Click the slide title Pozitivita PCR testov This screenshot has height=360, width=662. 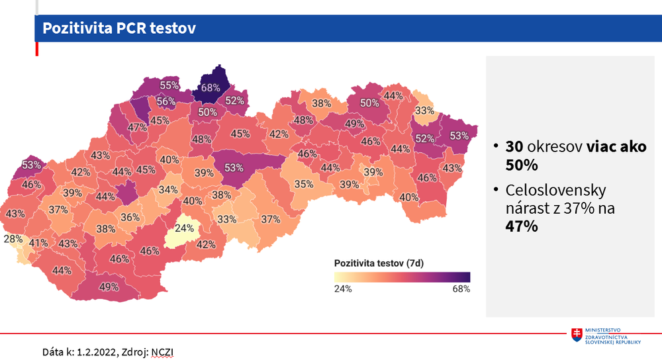point(118,28)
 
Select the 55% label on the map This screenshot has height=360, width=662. point(169,85)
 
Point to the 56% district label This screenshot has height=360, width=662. point(165,102)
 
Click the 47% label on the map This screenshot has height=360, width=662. point(138,128)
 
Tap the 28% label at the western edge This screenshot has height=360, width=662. point(13,239)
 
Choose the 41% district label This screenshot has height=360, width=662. point(38,243)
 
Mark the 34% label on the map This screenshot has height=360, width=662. point(168,190)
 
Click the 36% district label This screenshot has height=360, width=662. point(130,217)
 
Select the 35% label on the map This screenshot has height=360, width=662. point(304,184)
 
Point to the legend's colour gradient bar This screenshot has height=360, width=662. point(402,277)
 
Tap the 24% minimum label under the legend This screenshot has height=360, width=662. point(342,289)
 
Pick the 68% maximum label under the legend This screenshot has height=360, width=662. point(461,289)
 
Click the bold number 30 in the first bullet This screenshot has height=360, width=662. point(514,147)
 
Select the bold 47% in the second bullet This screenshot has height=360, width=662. point(521,225)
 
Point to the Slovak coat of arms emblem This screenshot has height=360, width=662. point(577,335)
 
